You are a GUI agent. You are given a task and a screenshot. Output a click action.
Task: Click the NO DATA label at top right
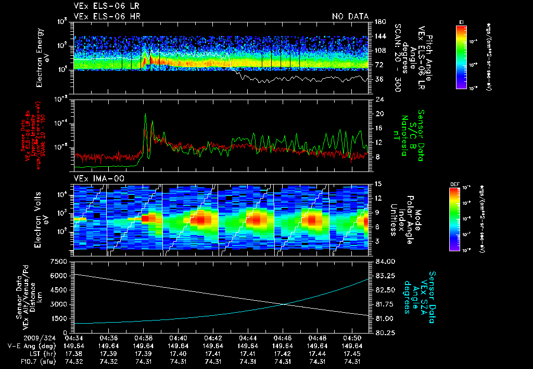click(350, 16)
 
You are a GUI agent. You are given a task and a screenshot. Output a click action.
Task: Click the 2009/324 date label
click(22, 338)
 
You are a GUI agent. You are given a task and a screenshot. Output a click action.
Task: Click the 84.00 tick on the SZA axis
click(381, 261)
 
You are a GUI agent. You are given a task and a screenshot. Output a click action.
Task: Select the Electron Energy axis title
click(42, 57)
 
